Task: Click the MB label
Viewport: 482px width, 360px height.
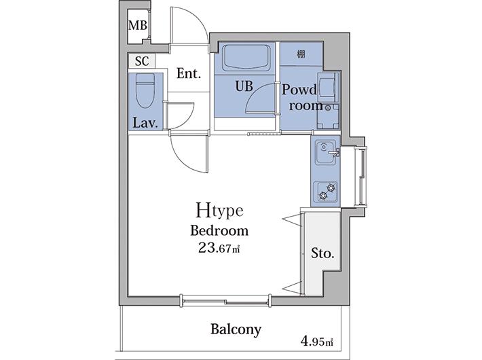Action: pyautogui.click(x=137, y=25)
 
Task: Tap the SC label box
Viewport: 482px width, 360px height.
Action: pyautogui.click(x=142, y=61)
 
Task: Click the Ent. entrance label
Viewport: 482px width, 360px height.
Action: pyautogui.click(x=189, y=73)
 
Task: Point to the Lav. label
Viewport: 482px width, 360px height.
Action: pyautogui.click(x=145, y=123)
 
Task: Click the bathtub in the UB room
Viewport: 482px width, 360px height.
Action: pyautogui.click(x=245, y=58)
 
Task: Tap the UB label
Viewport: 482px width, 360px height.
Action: pyautogui.click(x=244, y=86)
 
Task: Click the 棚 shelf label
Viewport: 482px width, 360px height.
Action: pyautogui.click(x=301, y=54)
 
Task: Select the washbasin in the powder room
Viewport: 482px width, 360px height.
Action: pyautogui.click(x=328, y=87)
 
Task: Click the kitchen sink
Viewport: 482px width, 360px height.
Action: pyautogui.click(x=326, y=154)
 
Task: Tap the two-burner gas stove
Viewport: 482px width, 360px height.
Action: pyautogui.click(x=325, y=192)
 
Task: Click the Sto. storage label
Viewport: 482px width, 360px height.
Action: pyautogui.click(x=322, y=253)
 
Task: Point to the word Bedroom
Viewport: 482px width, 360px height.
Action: pyautogui.click(x=219, y=231)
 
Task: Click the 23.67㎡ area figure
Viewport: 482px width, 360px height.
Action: pyautogui.click(x=219, y=248)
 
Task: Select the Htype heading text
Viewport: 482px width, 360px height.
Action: pyautogui.click(x=220, y=211)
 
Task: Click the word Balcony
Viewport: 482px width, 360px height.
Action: pyautogui.click(x=236, y=329)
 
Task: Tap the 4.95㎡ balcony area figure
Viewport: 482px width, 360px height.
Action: pyautogui.click(x=317, y=342)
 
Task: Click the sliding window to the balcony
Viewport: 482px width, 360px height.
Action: pyautogui.click(x=226, y=300)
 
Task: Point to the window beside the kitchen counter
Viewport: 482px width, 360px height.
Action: pyautogui.click(x=360, y=177)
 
